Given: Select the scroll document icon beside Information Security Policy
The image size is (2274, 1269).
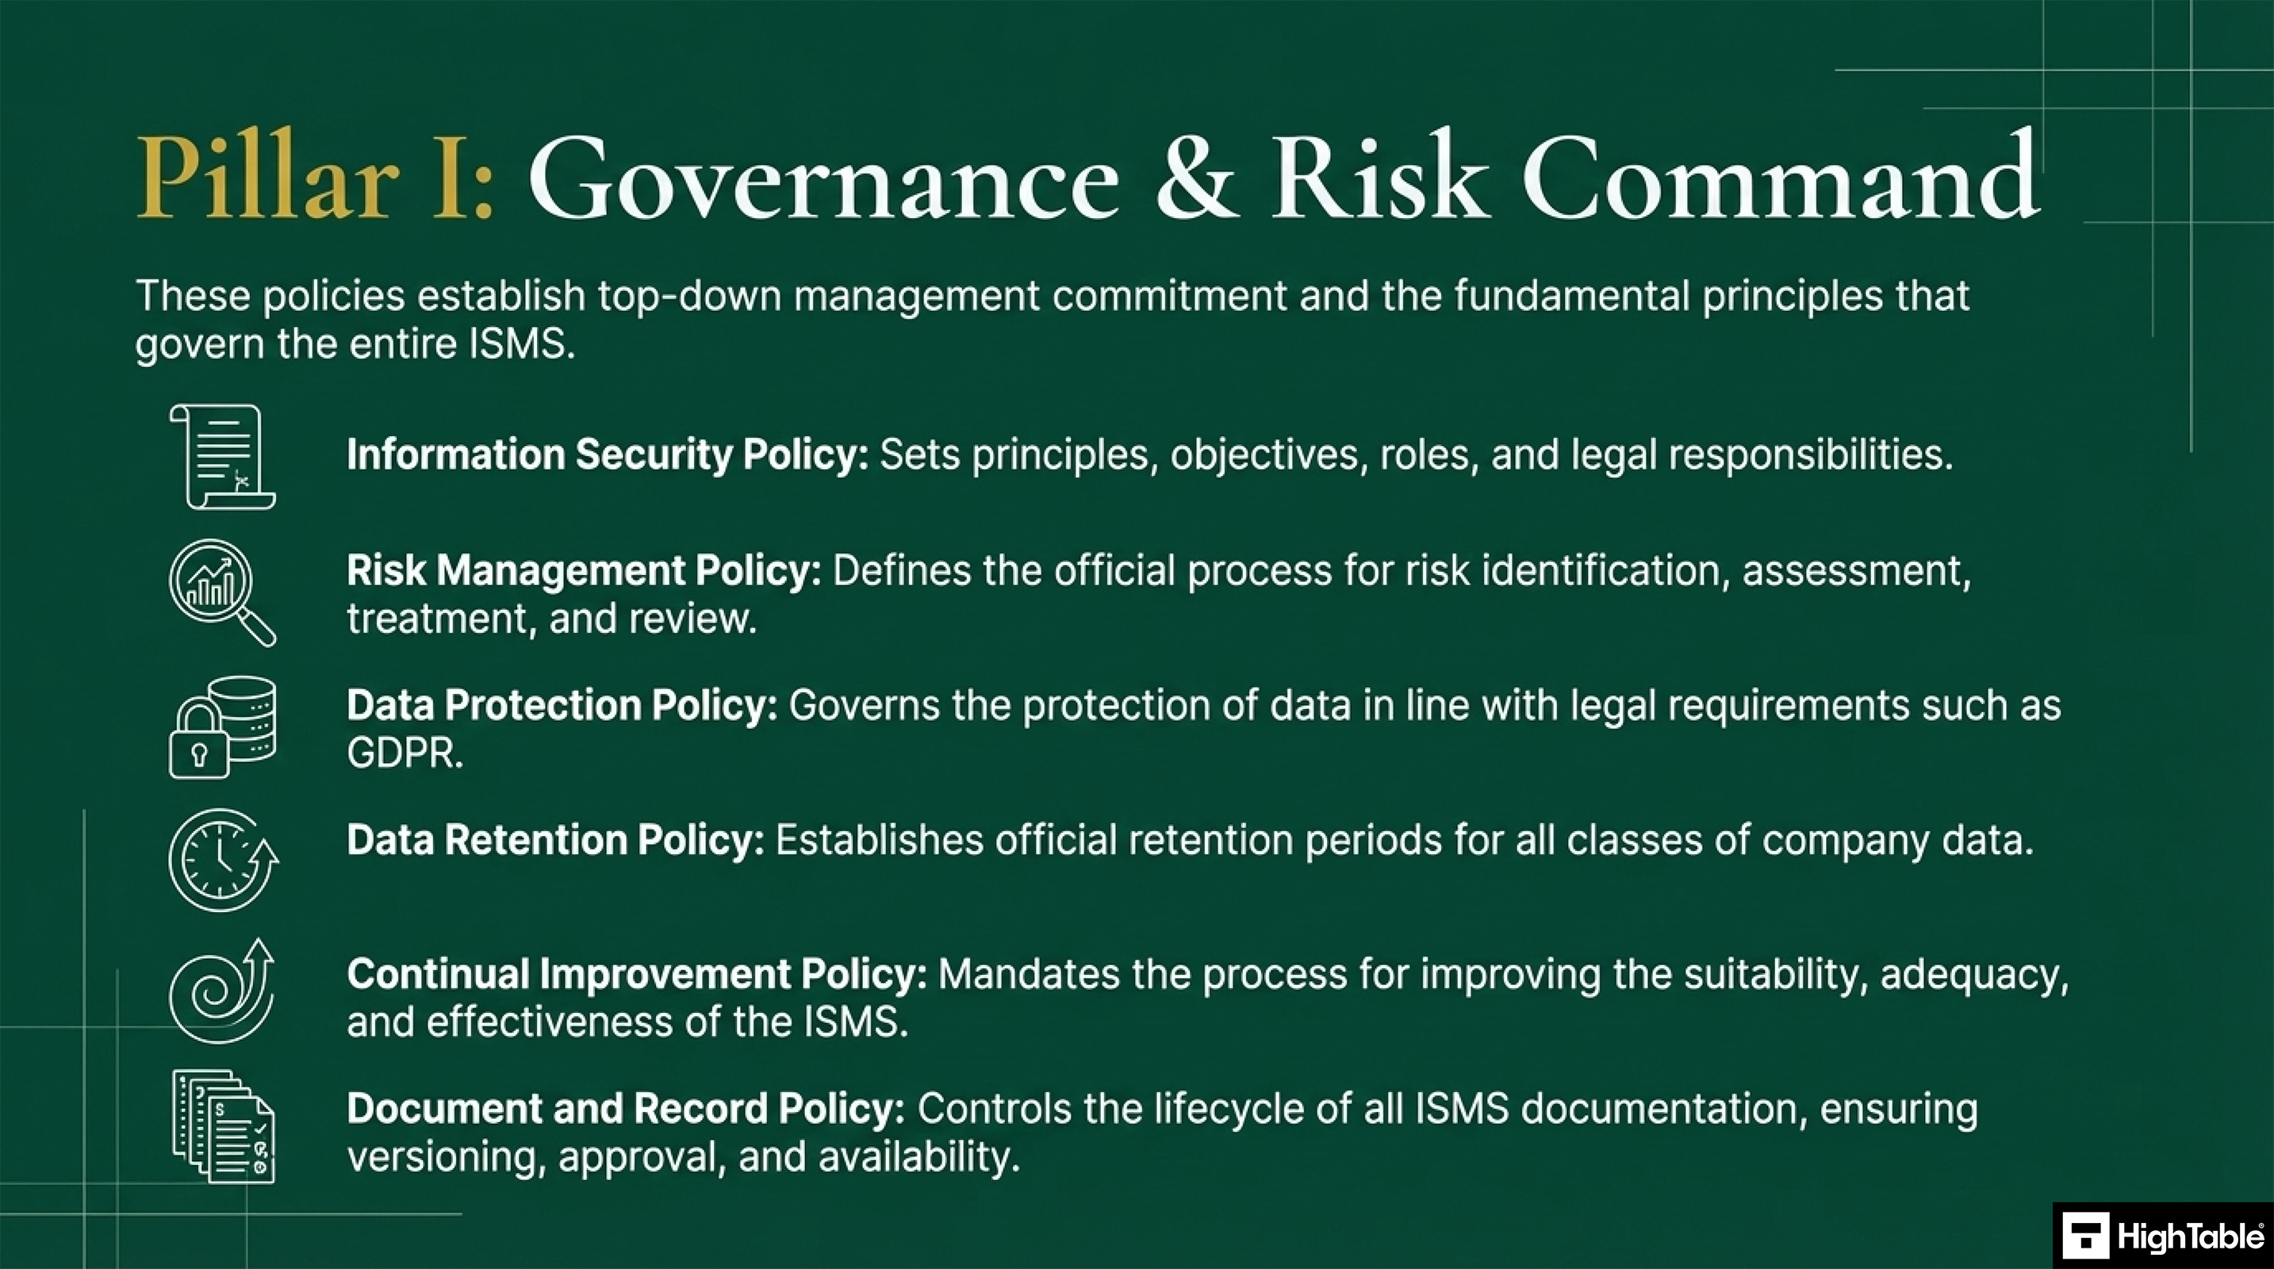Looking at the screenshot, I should pos(222,457).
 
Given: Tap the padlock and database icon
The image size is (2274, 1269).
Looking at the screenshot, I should pos(222,727).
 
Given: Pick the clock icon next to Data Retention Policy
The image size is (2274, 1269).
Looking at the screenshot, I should pos(222,861).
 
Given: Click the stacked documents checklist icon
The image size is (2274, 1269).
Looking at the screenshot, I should pos(222,1127).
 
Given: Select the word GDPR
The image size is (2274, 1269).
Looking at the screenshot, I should pos(405,753).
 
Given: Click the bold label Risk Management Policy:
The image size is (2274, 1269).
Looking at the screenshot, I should pos(584,571).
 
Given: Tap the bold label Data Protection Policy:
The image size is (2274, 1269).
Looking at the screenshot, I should pos(562,706).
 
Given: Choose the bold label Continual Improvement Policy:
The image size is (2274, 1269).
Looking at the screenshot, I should pos(636,975).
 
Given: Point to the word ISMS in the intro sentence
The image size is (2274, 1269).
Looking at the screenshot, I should pos(521,343).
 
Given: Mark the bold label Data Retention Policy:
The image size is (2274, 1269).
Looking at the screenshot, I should pos(555,840).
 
